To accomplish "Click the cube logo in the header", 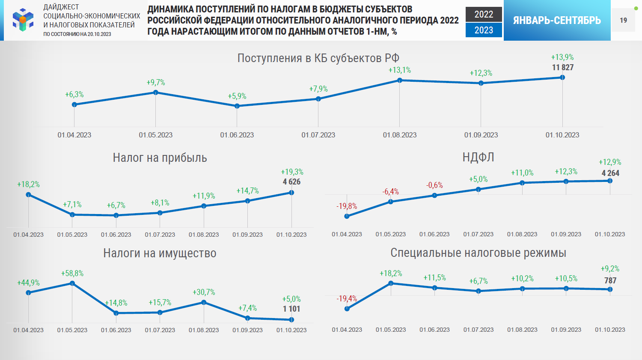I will (23, 20).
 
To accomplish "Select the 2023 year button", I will (484, 30).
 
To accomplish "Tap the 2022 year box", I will (484, 15).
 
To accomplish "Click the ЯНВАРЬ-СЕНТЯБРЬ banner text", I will (557, 20).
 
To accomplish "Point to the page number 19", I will (623, 20).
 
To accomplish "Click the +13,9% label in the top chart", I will (562, 57).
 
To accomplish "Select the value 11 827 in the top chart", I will (562, 67).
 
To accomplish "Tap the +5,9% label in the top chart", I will (237, 96).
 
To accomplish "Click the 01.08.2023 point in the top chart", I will (400, 80).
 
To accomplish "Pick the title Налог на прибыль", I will (160, 158).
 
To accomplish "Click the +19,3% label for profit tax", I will (292, 172).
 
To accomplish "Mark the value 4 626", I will (291, 182).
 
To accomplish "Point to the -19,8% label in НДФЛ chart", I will (347, 206).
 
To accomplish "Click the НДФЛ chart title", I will (478, 158).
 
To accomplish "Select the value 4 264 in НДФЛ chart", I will (610, 173).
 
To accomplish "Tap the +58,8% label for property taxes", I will (72, 274).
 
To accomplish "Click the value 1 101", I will (291, 309).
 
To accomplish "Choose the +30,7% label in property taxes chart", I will (204, 292).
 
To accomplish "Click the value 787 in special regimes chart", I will (610, 281).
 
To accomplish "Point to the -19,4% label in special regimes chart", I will (347, 299).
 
